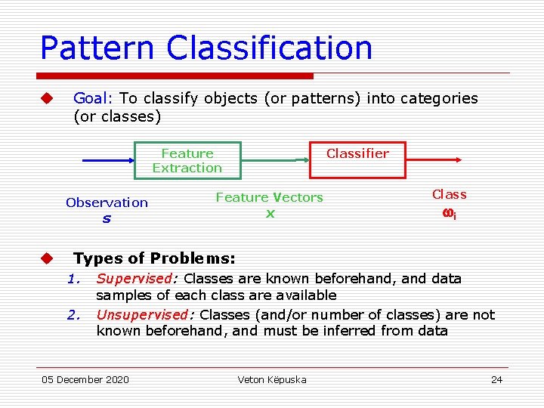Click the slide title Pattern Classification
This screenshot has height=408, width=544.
click(x=206, y=47)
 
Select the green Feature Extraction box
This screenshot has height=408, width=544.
click(x=187, y=160)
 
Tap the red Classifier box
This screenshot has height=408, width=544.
click(x=357, y=159)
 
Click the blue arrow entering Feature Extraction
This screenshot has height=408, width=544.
click(x=107, y=161)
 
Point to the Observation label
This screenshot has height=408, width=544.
click(x=107, y=202)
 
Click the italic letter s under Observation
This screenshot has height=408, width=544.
click(x=107, y=218)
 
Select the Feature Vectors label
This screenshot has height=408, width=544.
click(x=269, y=197)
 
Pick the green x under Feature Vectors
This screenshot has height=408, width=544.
click(x=270, y=213)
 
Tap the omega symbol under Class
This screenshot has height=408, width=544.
click(x=448, y=213)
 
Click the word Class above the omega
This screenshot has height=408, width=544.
click(x=449, y=194)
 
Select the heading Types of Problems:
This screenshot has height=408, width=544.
click(x=154, y=258)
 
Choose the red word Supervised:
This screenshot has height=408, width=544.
click(x=138, y=278)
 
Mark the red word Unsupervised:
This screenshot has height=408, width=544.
click(x=146, y=314)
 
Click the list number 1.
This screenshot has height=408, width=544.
click(x=73, y=278)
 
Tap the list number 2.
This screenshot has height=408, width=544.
click(x=73, y=314)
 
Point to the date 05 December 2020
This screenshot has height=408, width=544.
click(x=85, y=379)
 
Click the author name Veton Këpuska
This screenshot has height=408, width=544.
click(x=272, y=379)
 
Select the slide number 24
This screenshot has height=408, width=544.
click(x=496, y=379)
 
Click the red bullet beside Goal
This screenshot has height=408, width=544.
click(x=47, y=98)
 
